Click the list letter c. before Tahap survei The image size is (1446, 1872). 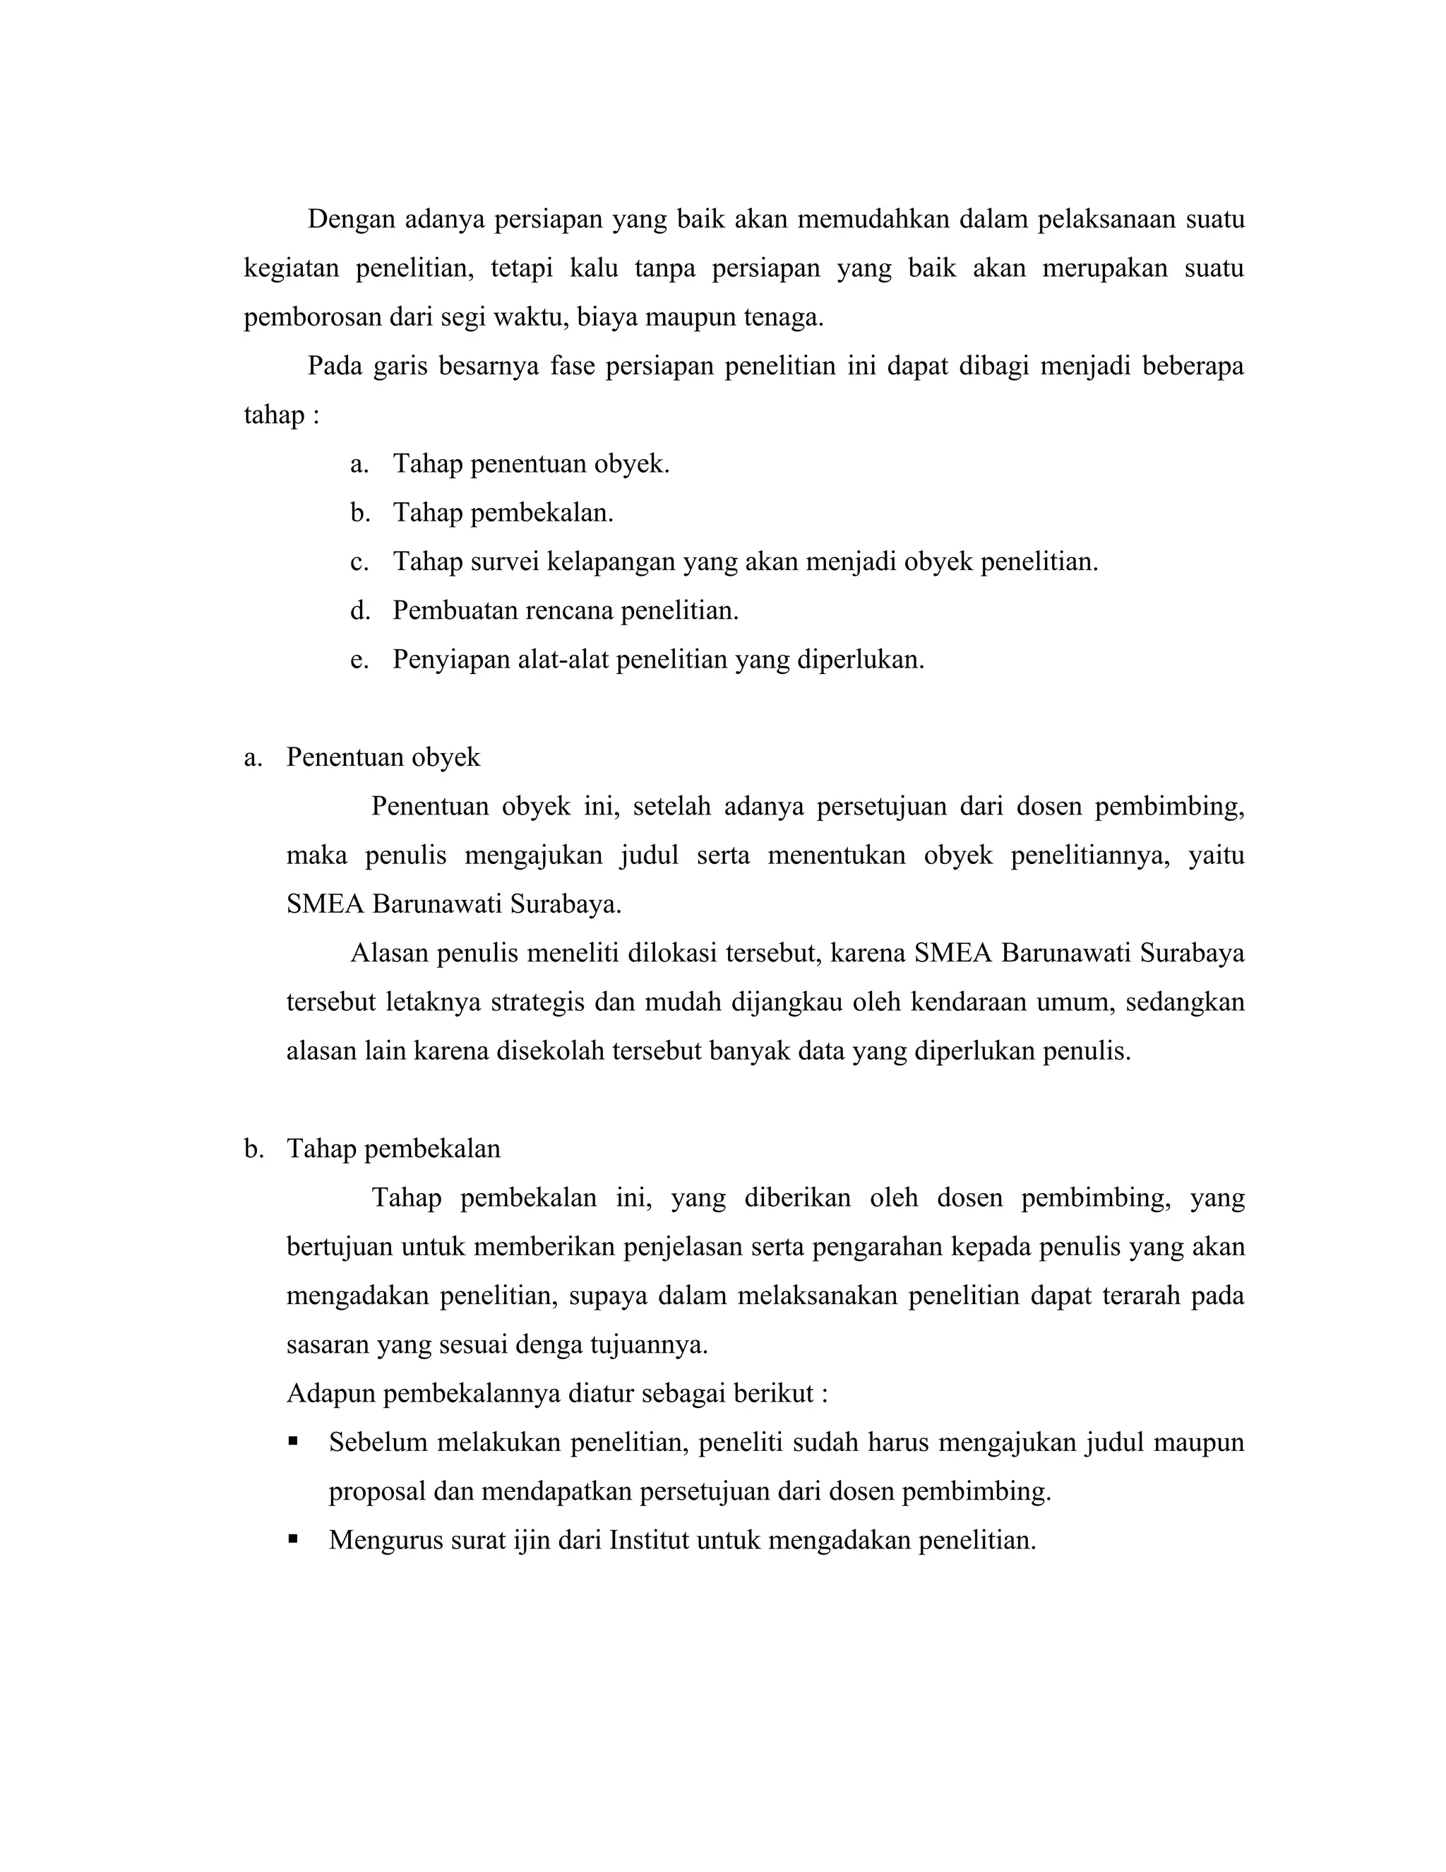tap(359, 562)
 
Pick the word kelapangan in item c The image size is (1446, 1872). tap(611, 562)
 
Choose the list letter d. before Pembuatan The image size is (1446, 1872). tap(359, 611)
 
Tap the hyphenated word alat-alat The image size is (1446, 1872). tap(563, 660)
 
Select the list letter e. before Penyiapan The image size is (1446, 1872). tap(359, 660)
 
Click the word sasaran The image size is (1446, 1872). tap(328, 1345)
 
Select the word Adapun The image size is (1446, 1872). tap(330, 1394)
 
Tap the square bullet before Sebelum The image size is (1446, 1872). tap(294, 1442)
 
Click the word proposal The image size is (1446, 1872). tap(377, 1491)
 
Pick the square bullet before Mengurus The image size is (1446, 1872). tap(294, 1539)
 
